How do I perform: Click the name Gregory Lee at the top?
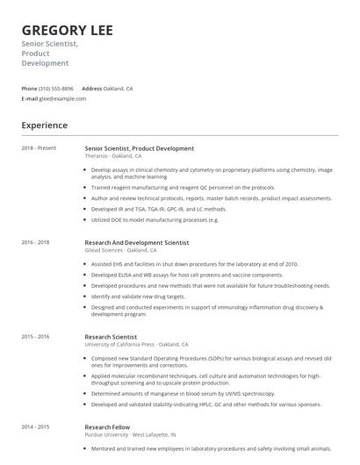pyautogui.click(x=67, y=30)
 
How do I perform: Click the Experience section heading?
pyautogui.click(x=45, y=125)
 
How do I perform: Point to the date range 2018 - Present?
pyautogui.click(x=39, y=148)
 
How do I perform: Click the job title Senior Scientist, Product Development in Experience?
pyautogui.click(x=139, y=148)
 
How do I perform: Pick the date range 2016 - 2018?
pyautogui.click(x=35, y=242)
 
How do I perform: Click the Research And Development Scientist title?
pyautogui.click(x=136, y=242)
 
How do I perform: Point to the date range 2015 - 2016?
pyautogui.click(x=35, y=336)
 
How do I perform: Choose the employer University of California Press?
pyautogui.click(x=122, y=344)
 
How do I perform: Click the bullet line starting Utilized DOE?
pyautogui.click(x=155, y=219)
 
